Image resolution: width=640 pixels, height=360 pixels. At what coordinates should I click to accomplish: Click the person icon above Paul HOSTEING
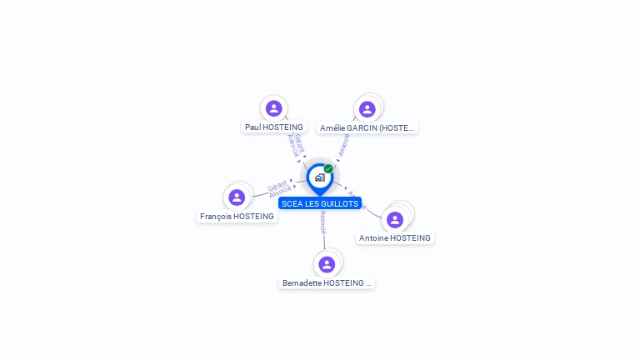point(274,108)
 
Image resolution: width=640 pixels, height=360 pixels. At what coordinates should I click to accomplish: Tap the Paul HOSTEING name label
point(273,127)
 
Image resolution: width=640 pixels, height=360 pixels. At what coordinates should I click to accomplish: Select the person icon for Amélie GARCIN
point(367,109)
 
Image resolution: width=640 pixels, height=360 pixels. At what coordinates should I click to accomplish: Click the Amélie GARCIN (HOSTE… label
point(367,128)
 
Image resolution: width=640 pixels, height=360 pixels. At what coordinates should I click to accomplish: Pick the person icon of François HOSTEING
point(237,197)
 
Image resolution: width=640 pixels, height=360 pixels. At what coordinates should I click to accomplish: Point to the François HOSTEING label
point(237,217)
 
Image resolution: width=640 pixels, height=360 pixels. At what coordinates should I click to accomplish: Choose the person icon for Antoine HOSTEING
point(395,219)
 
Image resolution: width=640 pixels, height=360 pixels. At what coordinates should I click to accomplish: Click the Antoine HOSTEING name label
point(395,238)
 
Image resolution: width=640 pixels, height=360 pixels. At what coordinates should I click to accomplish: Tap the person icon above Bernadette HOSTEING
point(327,264)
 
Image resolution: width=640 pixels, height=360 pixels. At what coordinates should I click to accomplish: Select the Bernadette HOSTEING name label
point(327,283)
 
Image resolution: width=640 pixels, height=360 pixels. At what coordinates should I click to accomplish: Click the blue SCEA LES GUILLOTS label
point(320,203)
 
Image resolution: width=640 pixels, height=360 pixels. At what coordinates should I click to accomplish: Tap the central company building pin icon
point(319,178)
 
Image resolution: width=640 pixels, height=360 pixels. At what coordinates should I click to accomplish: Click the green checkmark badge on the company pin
point(328,169)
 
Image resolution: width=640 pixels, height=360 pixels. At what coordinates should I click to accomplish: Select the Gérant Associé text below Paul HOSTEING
point(295,145)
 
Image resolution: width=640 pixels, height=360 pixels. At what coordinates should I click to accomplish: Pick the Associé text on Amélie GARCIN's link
point(343,147)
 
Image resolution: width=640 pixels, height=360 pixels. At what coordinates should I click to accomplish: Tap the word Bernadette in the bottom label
point(302,283)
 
